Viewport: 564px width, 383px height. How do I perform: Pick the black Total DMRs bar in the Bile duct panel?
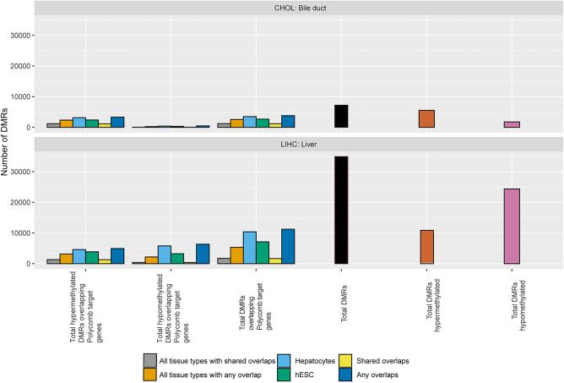click(x=341, y=117)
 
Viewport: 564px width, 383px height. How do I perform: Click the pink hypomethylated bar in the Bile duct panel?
click(x=512, y=124)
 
